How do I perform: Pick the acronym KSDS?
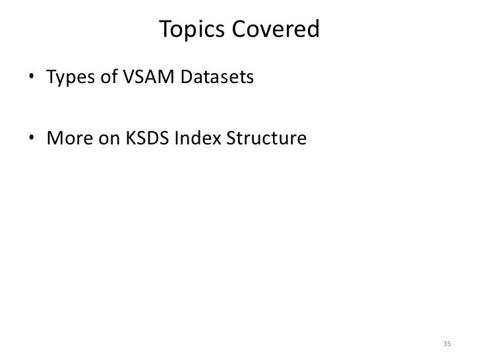[x=142, y=140]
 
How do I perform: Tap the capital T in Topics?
[x=165, y=29]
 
